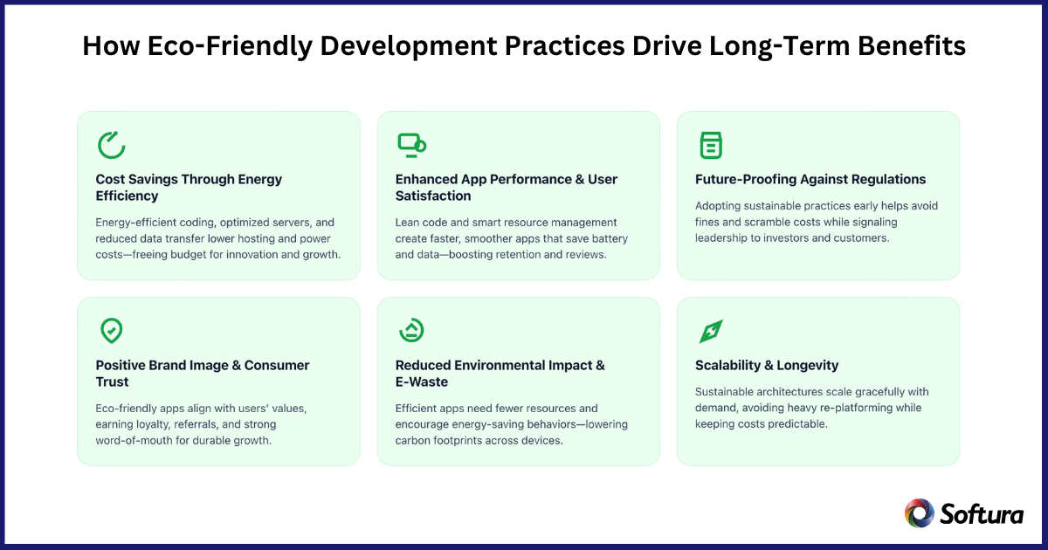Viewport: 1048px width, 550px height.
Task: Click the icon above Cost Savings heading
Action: pyautogui.click(x=111, y=145)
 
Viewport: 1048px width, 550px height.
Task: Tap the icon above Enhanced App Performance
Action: pyautogui.click(x=411, y=144)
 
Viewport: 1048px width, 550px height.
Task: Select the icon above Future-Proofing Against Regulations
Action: pyautogui.click(x=711, y=145)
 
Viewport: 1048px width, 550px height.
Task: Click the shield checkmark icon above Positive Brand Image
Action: pyautogui.click(x=111, y=331)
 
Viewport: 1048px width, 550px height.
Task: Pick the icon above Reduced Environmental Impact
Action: pyautogui.click(x=411, y=330)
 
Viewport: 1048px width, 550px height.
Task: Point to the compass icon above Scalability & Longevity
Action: pyautogui.click(x=711, y=331)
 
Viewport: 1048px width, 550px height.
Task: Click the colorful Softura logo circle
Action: pyautogui.click(x=919, y=513)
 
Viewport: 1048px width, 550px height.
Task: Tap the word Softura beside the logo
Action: pyautogui.click(x=982, y=514)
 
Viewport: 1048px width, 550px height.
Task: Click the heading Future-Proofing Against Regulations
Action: pyautogui.click(x=810, y=179)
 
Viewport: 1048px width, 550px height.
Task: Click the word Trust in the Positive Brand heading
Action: pyautogui.click(x=112, y=382)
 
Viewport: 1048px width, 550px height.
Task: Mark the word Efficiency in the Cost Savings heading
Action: pyautogui.click(x=127, y=196)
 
